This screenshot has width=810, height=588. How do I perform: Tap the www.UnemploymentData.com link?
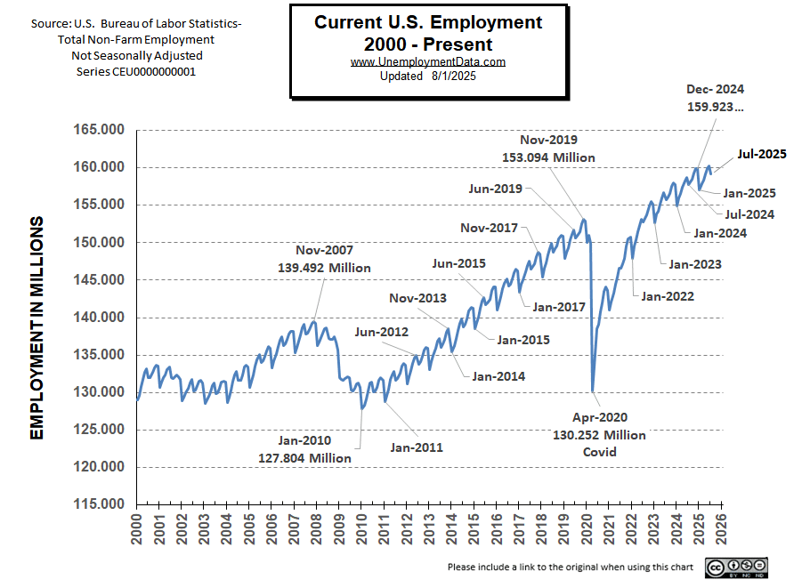coord(428,61)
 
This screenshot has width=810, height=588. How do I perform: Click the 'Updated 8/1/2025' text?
coord(428,76)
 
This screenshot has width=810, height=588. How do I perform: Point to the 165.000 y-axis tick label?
coord(99,131)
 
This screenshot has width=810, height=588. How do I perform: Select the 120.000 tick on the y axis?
coord(99,467)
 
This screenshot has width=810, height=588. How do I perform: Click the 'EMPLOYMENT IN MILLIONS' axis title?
coord(37,327)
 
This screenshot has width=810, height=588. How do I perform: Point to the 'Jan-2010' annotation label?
coord(304,440)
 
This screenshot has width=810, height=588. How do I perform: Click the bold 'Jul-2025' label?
coord(761,154)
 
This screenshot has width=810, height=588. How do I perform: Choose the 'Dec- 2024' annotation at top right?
coord(715,89)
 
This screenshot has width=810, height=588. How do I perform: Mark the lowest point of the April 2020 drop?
coord(593,391)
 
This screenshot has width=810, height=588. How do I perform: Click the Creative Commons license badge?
coord(737,567)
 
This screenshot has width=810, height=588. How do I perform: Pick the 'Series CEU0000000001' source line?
coord(135,71)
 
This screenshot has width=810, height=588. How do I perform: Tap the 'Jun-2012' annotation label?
coord(381,332)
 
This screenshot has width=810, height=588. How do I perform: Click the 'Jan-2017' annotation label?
coord(558,307)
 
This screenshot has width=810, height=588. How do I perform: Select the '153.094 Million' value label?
coord(549,157)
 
